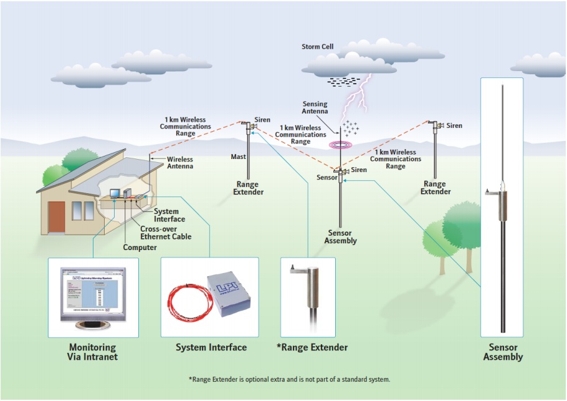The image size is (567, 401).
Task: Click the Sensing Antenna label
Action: pyautogui.click(x=315, y=108)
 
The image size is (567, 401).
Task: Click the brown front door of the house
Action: pyautogui.click(x=57, y=215)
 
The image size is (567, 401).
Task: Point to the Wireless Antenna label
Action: pyautogui.click(x=180, y=163)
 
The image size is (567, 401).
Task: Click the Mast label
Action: pyautogui.click(x=238, y=157)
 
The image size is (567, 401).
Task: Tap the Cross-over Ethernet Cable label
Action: pyautogui.click(x=166, y=233)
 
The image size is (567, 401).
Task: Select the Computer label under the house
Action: pyautogui.click(x=140, y=248)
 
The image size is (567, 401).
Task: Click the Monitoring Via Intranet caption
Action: pyautogui.click(x=93, y=352)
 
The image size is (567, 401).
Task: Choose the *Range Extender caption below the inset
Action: pyautogui.click(x=312, y=347)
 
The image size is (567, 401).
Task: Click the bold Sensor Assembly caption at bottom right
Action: pyautogui.click(x=502, y=352)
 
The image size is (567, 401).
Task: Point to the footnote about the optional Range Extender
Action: pyautogui.click(x=289, y=379)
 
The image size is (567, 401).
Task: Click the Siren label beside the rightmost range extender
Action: pyautogui.click(x=454, y=126)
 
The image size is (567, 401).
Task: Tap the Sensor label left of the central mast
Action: pyautogui.click(x=327, y=178)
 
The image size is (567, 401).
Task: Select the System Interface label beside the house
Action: pyautogui.click(x=169, y=215)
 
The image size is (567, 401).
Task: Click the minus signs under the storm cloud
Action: pyautogui.click(x=343, y=81)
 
